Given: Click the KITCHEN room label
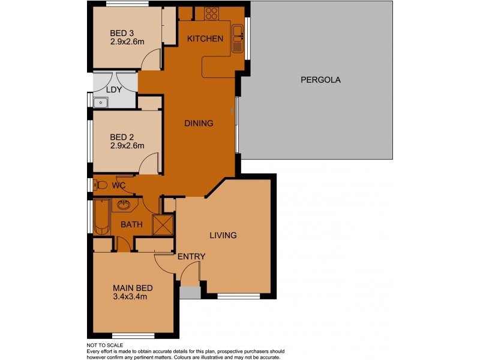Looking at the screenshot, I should point(205,39).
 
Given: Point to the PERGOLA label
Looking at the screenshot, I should point(321,79).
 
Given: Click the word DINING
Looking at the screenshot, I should point(199,124).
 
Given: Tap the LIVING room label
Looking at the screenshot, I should point(223,235).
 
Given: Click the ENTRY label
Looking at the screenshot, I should point(191,257).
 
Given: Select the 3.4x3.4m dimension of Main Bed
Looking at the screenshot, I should point(130,296).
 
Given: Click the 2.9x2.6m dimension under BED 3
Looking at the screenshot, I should point(128,42).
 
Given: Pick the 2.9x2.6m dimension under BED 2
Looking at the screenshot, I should point(128,145).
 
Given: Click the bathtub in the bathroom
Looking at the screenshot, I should point(101,218).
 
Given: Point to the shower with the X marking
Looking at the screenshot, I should point(162,224).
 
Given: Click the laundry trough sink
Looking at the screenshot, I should point(101,103).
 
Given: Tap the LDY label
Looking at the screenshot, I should point(115,90).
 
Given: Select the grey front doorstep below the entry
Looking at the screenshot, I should point(190,292).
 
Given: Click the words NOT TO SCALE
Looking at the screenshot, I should point(105,345).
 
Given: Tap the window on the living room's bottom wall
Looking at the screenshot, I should point(238,295).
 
